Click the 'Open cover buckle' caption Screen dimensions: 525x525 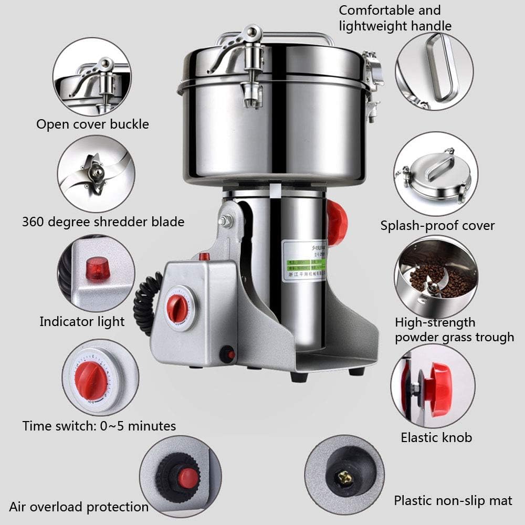(x=92, y=124)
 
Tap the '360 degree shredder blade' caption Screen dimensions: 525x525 (x=103, y=222)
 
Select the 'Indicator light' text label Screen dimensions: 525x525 (x=82, y=321)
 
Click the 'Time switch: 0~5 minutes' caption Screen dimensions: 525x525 (x=99, y=425)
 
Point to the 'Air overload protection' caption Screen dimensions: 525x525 (x=79, y=507)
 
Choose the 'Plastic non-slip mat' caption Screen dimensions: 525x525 (x=453, y=500)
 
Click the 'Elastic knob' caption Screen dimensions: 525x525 (x=436, y=437)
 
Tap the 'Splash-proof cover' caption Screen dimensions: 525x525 (x=437, y=226)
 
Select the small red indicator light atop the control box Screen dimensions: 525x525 (x=204, y=257)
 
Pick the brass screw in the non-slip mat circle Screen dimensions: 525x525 (x=343, y=477)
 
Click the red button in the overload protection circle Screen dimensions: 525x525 (x=187, y=477)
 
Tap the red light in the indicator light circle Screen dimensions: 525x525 (x=97, y=269)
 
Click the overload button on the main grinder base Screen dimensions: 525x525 (x=228, y=355)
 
